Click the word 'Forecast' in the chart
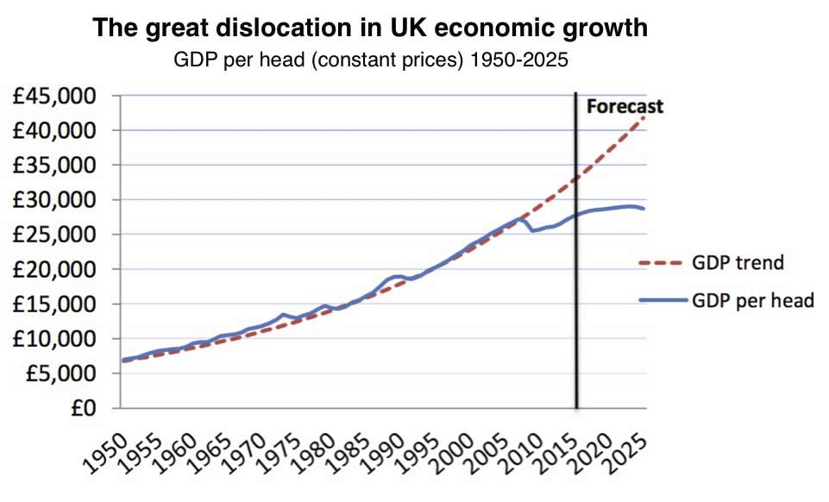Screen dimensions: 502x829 pos(625,107)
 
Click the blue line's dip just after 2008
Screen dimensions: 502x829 pos(533,230)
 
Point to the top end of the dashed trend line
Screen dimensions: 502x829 pos(644,116)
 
